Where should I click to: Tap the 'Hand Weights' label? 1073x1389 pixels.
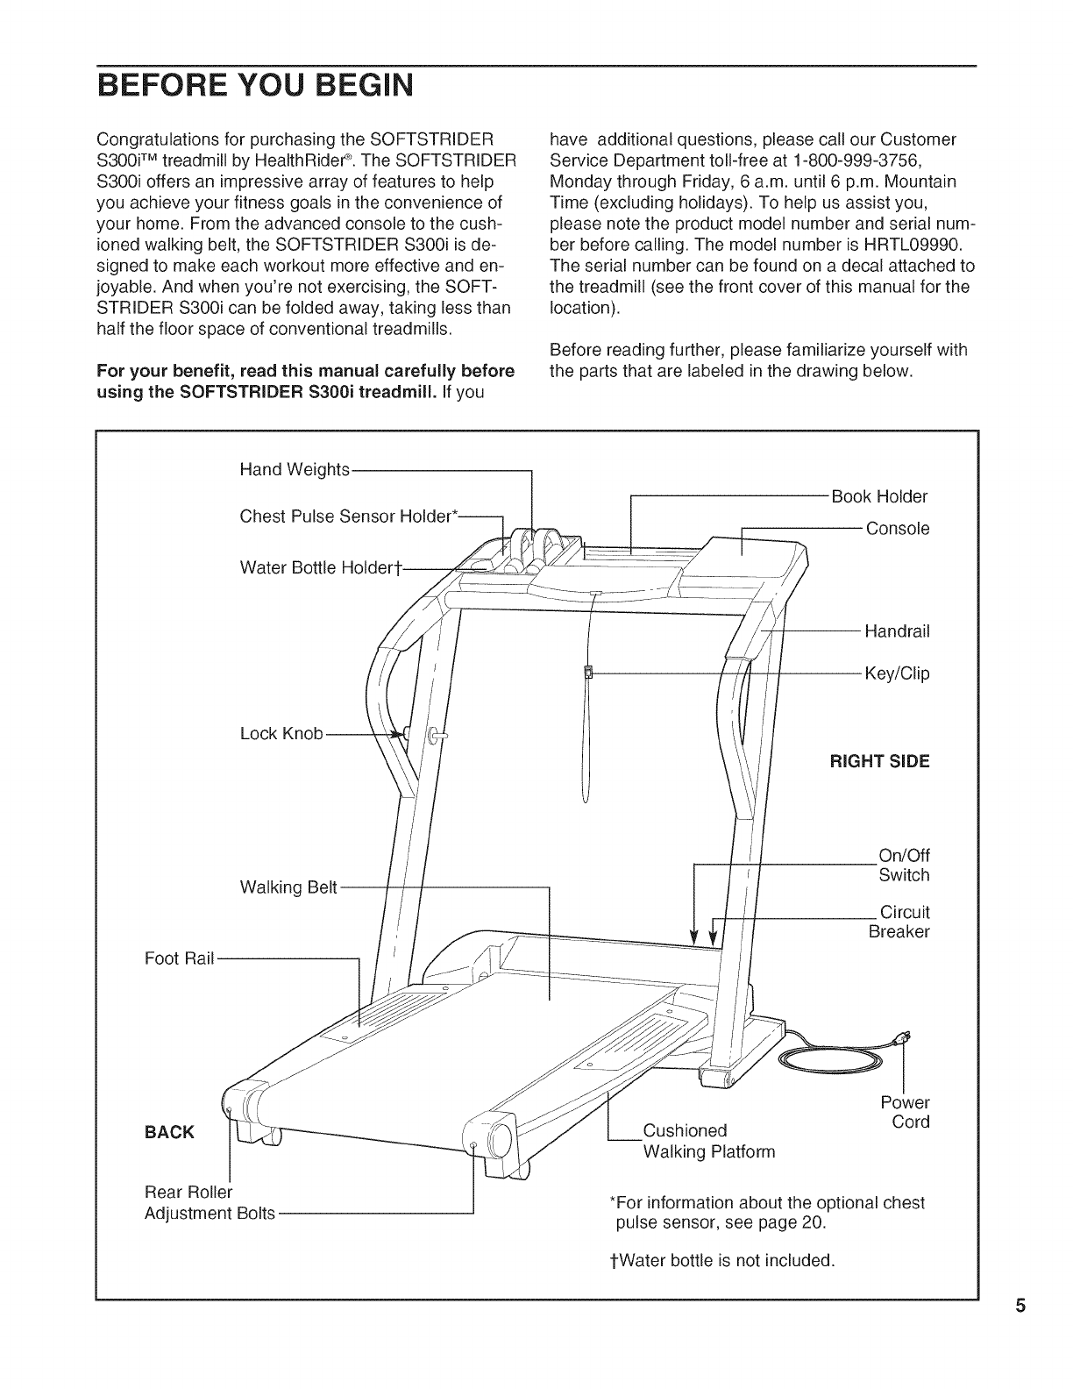[295, 470]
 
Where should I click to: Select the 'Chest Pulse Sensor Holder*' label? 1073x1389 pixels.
[350, 516]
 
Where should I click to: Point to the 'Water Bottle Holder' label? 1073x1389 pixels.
[320, 568]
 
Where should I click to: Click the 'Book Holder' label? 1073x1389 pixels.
[878, 497]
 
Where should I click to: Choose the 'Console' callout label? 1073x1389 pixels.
[897, 529]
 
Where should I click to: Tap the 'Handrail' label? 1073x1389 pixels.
[896, 631]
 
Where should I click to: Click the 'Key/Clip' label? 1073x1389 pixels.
[896, 673]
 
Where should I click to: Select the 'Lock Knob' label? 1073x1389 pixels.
[281, 734]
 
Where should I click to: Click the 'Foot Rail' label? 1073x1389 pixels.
[179, 958]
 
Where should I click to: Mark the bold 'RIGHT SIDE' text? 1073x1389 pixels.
[879, 761]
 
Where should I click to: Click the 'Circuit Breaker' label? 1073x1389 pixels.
[899, 922]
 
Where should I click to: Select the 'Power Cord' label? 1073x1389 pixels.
[905, 1112]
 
